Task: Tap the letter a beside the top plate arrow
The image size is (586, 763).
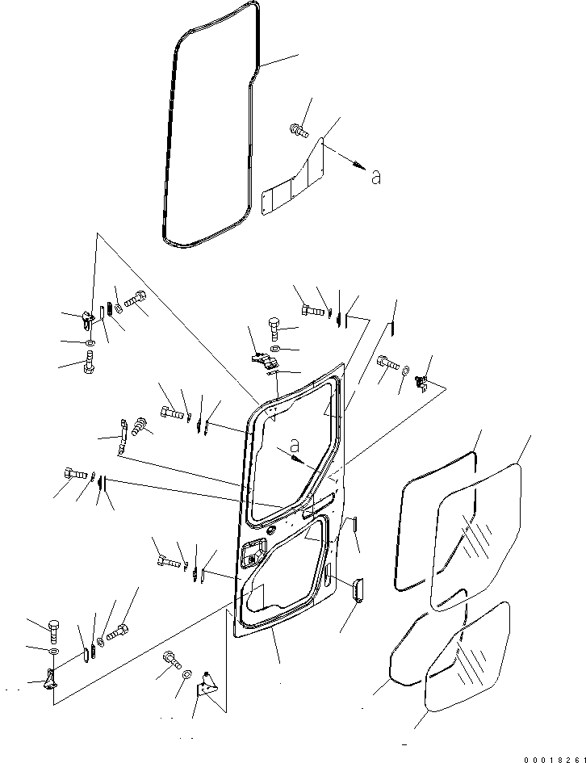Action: coord(375,177)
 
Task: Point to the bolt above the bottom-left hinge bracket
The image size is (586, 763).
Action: coord(53,627)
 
